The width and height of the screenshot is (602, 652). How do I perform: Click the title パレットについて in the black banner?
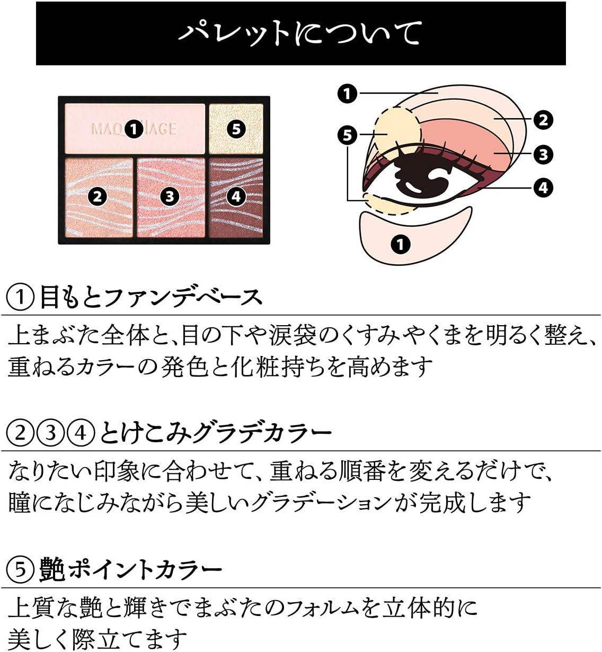300,33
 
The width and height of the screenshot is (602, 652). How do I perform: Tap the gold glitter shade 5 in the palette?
236,129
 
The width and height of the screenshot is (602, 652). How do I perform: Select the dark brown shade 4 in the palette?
236,197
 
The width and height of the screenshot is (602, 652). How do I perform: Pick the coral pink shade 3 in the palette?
169,197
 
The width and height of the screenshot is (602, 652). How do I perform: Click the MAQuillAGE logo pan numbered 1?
134,129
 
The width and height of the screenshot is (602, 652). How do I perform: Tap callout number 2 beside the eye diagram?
543,120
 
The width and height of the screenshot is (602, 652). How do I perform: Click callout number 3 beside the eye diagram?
543,155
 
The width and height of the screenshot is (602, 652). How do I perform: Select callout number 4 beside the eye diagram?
543,187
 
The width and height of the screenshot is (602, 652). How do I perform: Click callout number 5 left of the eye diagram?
347,135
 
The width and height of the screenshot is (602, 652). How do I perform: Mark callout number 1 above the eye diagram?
347,94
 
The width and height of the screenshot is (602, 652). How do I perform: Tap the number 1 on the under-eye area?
401,244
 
